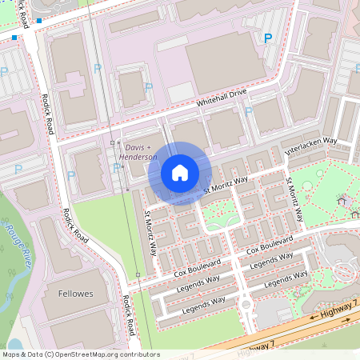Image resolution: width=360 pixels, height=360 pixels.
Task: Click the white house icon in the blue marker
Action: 180,173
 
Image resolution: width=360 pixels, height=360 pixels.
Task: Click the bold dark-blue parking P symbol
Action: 267,38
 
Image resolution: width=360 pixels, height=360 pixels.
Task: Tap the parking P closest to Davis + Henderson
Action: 117,167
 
